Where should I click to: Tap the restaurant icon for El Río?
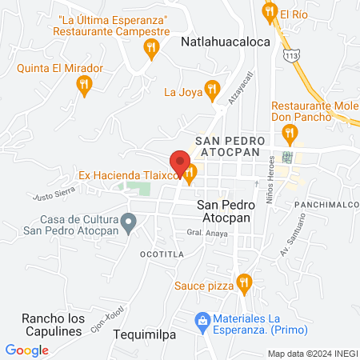268,13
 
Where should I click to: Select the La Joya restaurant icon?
211,89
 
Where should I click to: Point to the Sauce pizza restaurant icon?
245,282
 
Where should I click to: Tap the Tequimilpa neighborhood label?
144,334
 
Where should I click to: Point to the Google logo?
27,350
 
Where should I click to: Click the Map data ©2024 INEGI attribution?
312,354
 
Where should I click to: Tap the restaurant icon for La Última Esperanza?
149,50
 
